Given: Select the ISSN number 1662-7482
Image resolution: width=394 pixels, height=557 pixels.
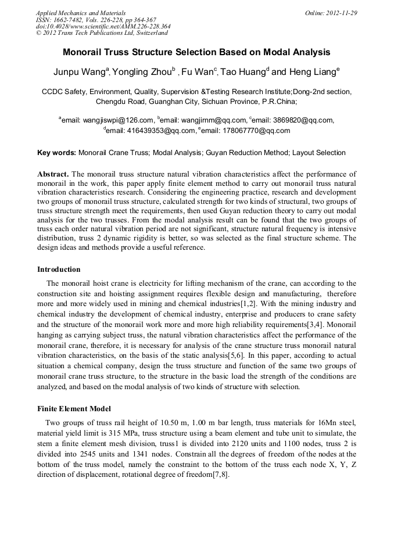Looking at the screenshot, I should click(x=74, y=20).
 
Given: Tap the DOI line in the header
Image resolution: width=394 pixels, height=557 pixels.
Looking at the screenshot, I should click(x=103, y=26).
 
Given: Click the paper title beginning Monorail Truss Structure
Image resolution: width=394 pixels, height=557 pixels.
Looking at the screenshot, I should click(x=196, y=52).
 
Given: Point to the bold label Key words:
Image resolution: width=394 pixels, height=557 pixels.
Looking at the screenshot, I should click(x=56, y=153).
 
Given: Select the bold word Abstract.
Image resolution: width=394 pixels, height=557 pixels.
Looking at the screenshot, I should click(x=53, y=174).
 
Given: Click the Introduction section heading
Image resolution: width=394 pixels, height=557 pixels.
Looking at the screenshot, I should click(x=59, y=269).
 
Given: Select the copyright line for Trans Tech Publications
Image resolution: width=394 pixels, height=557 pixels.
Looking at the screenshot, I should click(x=102, y=33).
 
